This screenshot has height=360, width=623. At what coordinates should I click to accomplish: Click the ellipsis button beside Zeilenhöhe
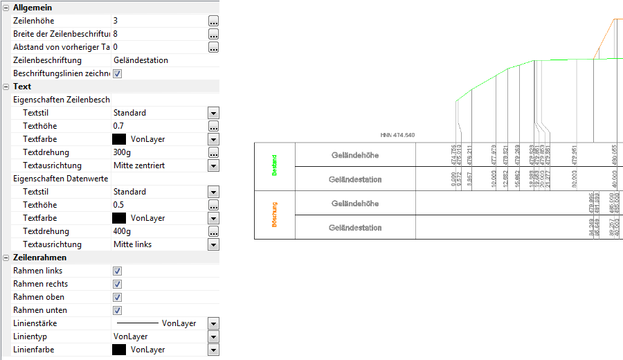pos(213,21)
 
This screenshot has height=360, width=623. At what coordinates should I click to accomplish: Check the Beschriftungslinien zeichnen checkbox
pos(118,73)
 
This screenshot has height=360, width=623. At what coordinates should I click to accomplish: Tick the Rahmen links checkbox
pos(118,271)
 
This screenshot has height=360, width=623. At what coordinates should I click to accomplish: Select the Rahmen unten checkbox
pos(118,310)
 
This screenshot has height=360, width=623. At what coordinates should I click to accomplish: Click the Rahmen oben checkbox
pos(118,297)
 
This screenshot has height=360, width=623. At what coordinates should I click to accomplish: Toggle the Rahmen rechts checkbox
pos(118,284)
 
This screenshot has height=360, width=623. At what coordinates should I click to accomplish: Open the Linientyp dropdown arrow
pos(213,336)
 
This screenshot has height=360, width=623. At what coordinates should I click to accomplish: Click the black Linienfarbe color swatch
pos(119,350)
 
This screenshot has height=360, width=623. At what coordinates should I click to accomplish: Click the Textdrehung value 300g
pos(123,152)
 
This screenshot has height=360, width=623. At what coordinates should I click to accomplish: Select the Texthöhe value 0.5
pos(119,205)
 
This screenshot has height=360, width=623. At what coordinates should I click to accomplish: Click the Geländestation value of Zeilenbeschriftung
pos(141,60)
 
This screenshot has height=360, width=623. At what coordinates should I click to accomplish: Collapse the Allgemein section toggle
pos(6,7)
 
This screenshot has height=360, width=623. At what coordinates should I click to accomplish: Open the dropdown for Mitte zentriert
pos(213,165)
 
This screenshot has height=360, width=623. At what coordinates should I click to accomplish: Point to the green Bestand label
pos(275,166)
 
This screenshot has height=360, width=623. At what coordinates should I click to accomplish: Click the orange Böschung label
pos(275,215)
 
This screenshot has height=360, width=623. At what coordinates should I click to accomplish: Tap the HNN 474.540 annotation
pos(397,135)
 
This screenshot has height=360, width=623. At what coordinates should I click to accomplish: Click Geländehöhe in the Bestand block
pos(355,155)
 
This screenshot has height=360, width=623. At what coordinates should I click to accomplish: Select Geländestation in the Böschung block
pos(355,228)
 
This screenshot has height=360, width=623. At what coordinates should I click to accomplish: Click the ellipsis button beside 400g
pos(213,231)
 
